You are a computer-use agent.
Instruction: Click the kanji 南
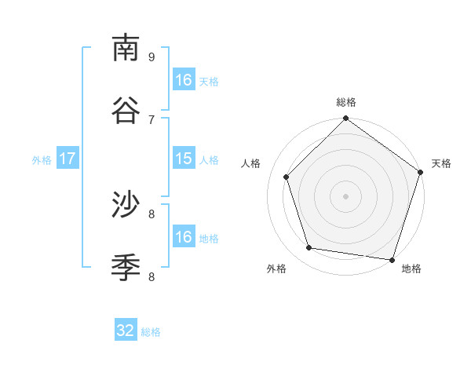click(x=126, y=48)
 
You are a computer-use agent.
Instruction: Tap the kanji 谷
click(x=126, y=110)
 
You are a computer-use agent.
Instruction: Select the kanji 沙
click(x=126, y=205)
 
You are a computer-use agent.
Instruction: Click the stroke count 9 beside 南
click(x=152, y=57)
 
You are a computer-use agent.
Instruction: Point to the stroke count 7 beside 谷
click(x=152, y=119)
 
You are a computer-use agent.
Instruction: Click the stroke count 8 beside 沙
click(x=152, y=214)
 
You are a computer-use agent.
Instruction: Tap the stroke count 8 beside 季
click(x=152, y=276)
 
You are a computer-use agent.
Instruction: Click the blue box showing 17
click(x=68, y=159)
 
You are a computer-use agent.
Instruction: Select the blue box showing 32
click(x=126, y=331)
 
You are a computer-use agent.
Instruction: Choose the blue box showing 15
click(x=184, y=159)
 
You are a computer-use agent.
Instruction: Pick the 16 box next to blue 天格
click(x=184, y=80)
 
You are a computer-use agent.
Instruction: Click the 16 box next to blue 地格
click(x=184, y=237)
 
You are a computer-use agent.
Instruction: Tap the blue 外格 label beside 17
click(x=42, y=160)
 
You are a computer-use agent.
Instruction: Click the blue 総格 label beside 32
click(x=151, y=332)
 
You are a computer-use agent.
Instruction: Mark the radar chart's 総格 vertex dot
click(x=345, y=119)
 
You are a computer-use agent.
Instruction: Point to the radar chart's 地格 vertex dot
click(x=391, y=258)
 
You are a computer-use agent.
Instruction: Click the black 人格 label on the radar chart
click(x=251, y=163)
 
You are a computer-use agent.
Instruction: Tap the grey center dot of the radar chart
click(x=345, y=196)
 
